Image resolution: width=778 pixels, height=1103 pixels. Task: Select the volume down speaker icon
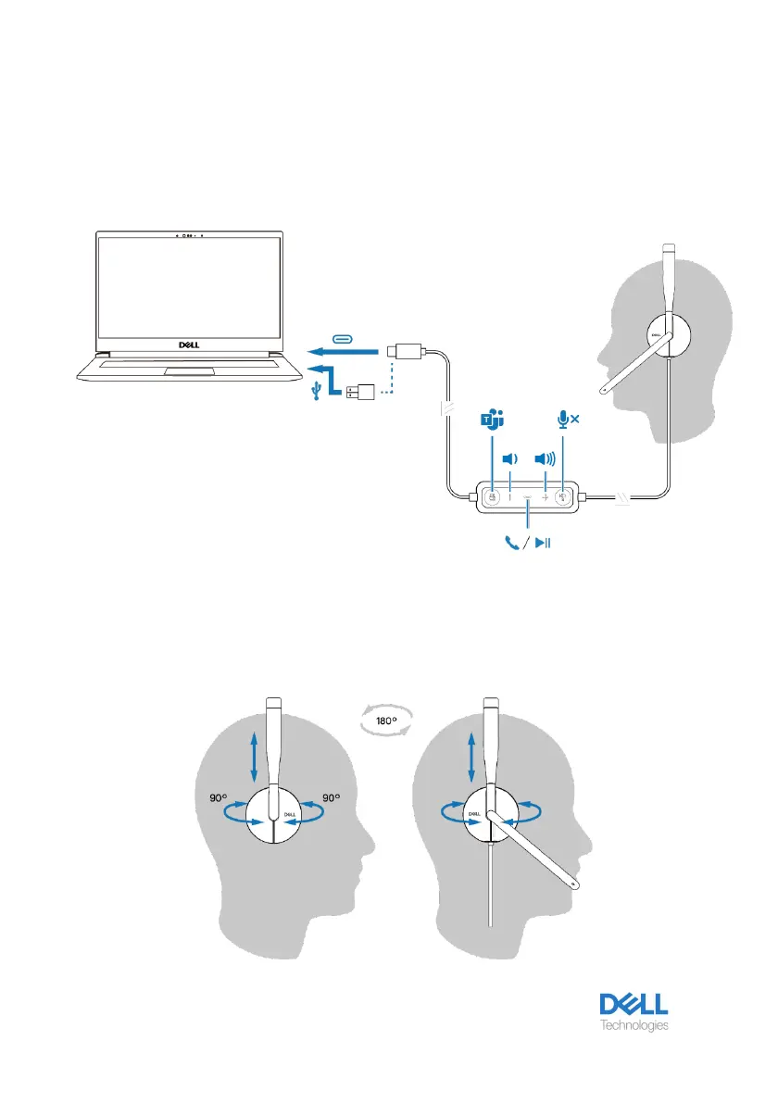(510, 458)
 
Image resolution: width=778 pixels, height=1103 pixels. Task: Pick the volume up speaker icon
(545, 458)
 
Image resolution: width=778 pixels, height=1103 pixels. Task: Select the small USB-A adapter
(358, 393)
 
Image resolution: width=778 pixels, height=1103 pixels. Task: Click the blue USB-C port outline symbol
(354, 339)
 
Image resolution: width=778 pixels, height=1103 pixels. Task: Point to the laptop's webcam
(188, 237)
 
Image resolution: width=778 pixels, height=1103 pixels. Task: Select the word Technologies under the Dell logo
(634, 1025)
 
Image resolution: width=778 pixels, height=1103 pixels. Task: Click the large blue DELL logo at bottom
(634, 1005)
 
